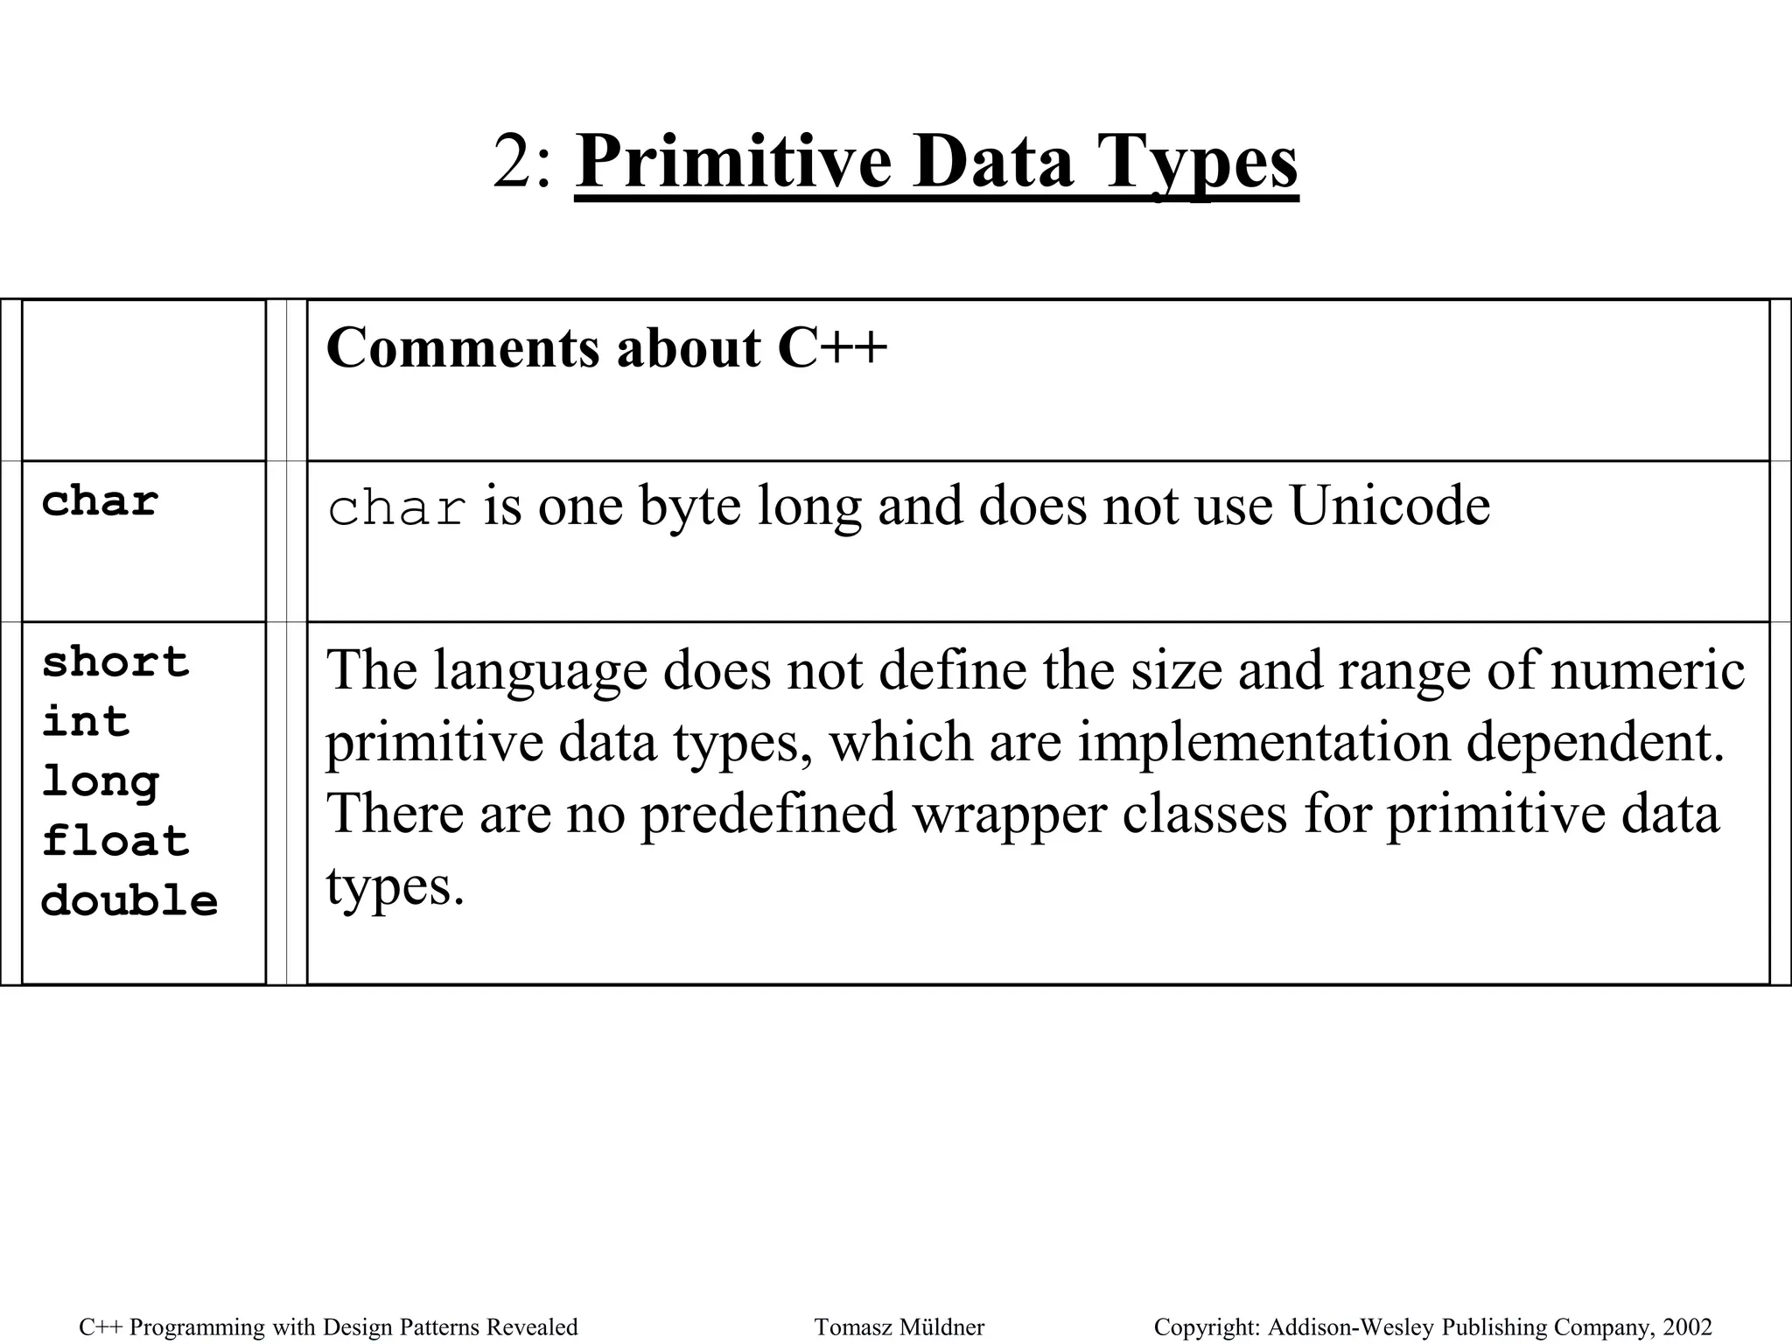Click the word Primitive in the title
pyautogui.click(x=733, y=163)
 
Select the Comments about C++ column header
pyautogui.click(x=606, y=347)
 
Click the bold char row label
pyautogui.click(x=100, y=502)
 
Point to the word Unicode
pyautogui.click(x=1389, y=506)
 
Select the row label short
pyautogui.click(x=115, y=662)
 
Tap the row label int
pyautogui.click(x=86, y=722)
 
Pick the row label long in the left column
pyautogui.click(x=101, y=782)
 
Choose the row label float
pyautogui.click(x=115, y=842)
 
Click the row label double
pyautogui.click(x=129, y=901)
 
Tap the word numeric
pyautogui.click(x=1648, y=670)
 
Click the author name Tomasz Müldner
pyautogui.click(x=899, y=1327)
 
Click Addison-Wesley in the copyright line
pyautogui.click(x=1352, y=1327)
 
